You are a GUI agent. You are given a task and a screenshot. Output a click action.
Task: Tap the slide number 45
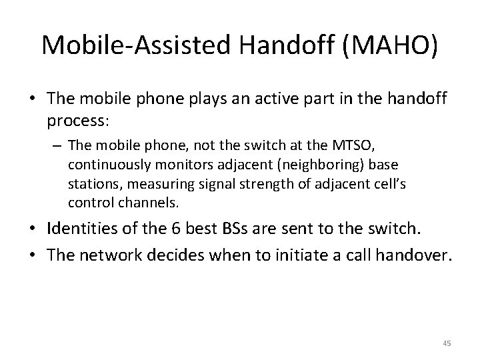pos(447,343)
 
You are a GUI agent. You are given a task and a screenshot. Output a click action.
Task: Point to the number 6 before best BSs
pos(184,229)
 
